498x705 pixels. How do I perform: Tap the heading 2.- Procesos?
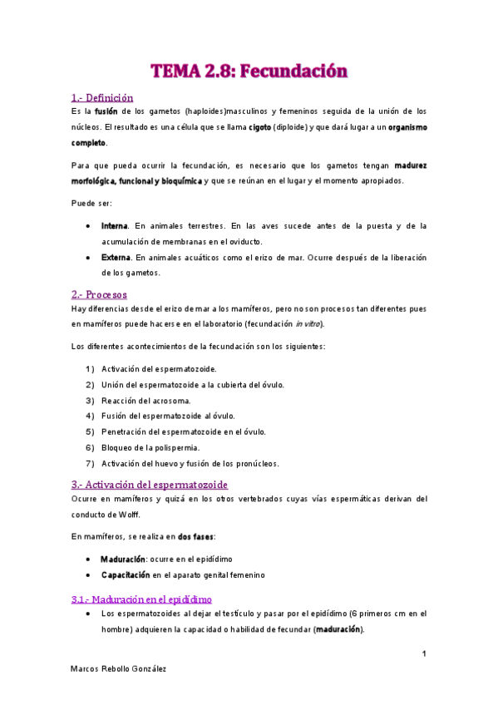pos(99,294)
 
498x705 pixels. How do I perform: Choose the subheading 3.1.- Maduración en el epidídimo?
pos(142,599)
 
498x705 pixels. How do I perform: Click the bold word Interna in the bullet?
pos(114,226)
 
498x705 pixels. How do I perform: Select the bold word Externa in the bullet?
pos(115,258)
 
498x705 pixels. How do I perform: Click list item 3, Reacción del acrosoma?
pos(145,401)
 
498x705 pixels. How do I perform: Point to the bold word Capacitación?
pos(126,574)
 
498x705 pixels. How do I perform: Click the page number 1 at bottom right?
pos(424,654)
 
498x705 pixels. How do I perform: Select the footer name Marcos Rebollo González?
pos(118,669)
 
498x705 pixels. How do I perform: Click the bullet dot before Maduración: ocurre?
pos(89,560)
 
